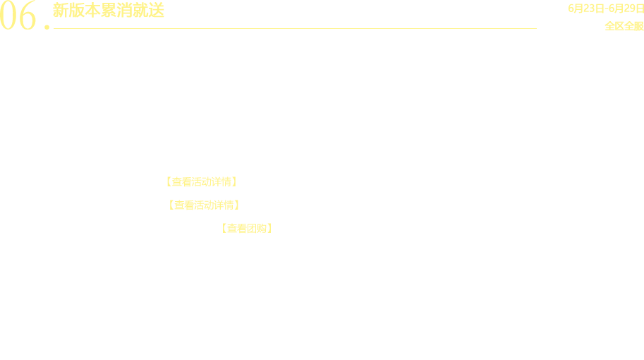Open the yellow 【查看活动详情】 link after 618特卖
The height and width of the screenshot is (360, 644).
point(200,182)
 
